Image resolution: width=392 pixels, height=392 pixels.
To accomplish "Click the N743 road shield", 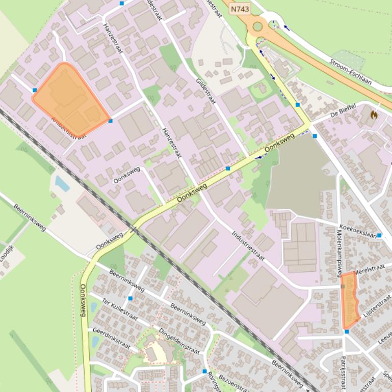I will click(x=240, y=9).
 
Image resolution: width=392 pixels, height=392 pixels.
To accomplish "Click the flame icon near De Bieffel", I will click(x=375, y=115).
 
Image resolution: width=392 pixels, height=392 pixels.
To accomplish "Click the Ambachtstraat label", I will click(x=68, y=128).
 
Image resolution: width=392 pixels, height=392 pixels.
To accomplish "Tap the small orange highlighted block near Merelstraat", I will click(x=350, y=300).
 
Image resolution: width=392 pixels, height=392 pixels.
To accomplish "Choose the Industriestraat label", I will click(x=248, y=245).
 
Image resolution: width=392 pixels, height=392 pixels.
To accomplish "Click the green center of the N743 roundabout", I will click(x=257, y=26).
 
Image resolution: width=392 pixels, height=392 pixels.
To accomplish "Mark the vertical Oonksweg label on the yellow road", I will click(x=84, y=300).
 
